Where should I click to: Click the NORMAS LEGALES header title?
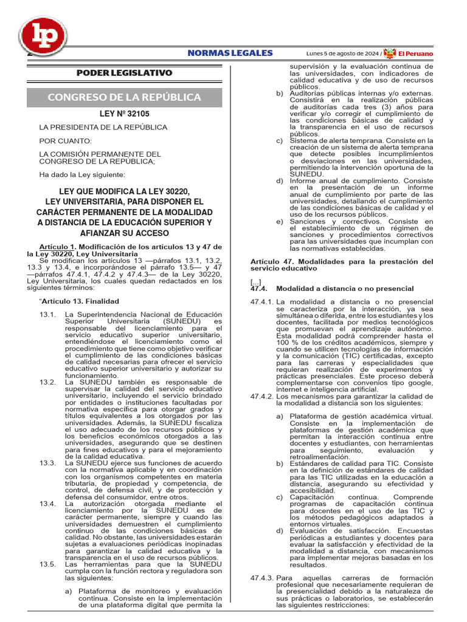click(230, 53)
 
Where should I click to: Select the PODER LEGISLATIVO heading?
click(124, 73)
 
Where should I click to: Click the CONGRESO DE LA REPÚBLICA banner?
click(124, 97)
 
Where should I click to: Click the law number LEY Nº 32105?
click(124, 114)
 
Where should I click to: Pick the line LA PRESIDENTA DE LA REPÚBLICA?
click(103, 128)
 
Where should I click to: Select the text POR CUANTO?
click(66, 141)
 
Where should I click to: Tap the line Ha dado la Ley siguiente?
click(81, 175)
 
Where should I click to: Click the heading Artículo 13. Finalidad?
click(80, 301)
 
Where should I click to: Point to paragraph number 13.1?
click(47, 315)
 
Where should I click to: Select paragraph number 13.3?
click(47, 463)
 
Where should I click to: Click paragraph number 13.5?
click(47, 564)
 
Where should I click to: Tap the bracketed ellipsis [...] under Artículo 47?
click(255, 282)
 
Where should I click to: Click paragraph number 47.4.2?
click(262, 396)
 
